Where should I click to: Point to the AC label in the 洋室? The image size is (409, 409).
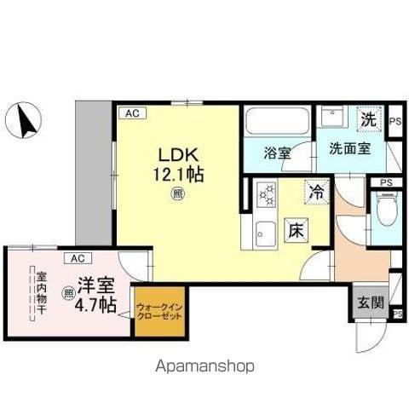(77, 257)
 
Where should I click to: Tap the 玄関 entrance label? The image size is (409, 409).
(364, 302)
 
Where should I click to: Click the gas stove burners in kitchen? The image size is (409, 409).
(267, 197)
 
